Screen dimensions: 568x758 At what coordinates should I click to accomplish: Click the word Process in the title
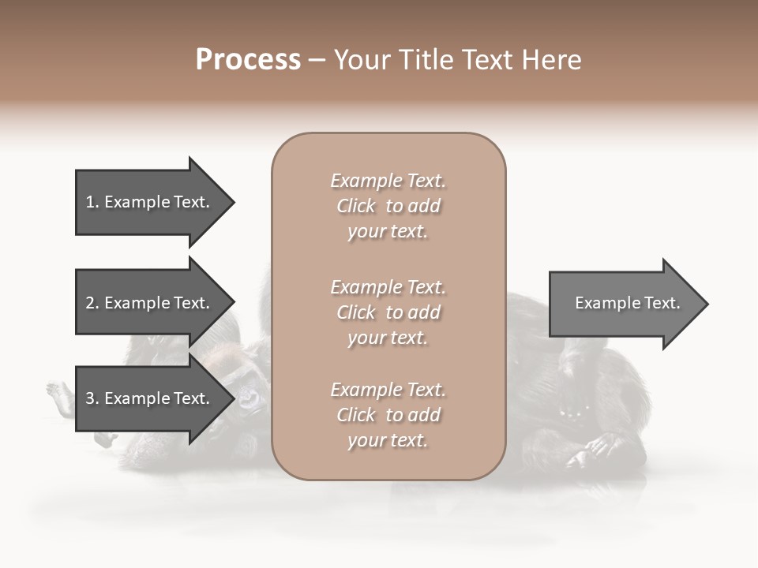tap(248, 60)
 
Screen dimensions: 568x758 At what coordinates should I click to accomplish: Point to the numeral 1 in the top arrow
tap(89, 202)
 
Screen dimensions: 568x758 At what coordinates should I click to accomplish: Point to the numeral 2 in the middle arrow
tap(89, 303)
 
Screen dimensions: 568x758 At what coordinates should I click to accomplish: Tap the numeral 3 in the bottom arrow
tap(89, 398)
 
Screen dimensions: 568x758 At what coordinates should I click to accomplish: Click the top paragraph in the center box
tap(388, 206)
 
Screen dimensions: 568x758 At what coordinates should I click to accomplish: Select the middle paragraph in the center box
tap(388, 312)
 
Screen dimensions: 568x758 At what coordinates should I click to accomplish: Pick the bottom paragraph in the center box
tap(388, 415)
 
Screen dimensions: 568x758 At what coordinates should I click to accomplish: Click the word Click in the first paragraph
tap(355, 206)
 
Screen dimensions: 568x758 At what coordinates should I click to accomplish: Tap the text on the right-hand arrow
tap(627, 303)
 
